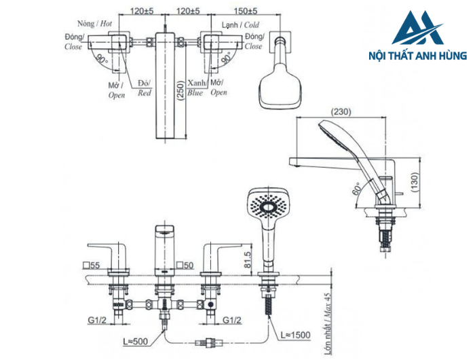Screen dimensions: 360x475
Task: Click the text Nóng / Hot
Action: click(x=96, y=23)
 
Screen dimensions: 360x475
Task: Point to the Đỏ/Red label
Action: click(x=144, y=88)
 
